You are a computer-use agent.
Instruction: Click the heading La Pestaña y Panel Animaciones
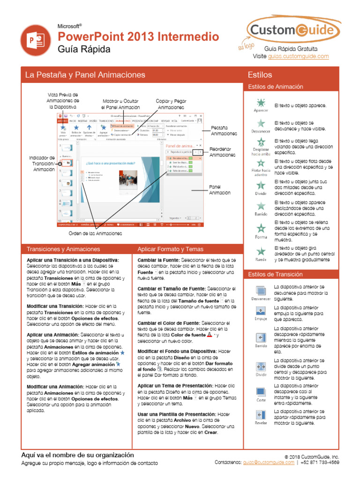point(85,75)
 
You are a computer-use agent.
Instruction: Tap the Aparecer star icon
point(261,102)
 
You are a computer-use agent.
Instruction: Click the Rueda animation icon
point(261,251)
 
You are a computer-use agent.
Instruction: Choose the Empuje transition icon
point(261,311)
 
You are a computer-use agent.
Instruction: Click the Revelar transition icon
point(261,414)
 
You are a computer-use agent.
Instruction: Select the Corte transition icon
point(261,391)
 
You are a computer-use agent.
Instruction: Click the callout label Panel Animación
point(219,190)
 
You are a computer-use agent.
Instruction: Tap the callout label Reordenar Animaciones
point(222,152)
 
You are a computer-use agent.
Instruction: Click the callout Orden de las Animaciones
point(95,233)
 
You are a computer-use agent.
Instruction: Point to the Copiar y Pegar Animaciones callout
point(171,104)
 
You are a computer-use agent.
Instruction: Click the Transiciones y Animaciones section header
point(63,249)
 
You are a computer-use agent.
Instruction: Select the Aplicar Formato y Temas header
point(170,249)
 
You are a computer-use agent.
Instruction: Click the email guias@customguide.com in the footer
point(269,462)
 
